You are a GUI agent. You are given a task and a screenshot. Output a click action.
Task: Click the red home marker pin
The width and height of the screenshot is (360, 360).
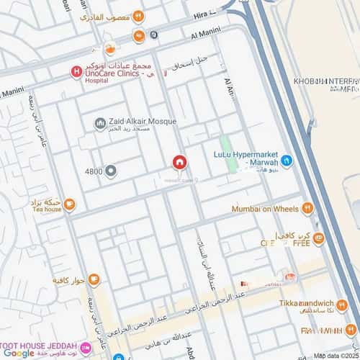[x=179, y=163]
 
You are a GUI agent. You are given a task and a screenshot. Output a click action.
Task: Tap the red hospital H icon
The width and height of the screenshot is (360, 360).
[x=75, y=71]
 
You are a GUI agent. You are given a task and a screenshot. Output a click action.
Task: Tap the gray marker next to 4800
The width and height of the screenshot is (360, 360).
[x=111, y=171]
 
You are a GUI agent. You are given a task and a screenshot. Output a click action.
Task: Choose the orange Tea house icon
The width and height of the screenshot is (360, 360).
[x=69, y=205]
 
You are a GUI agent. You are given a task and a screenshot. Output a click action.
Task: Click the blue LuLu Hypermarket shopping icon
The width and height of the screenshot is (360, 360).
[x=287, y=161]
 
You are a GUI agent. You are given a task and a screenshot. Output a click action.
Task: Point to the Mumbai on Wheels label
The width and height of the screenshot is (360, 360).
[x=265, y=209]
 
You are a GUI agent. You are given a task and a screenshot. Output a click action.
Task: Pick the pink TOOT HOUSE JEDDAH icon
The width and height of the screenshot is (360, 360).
[x=86, y=348]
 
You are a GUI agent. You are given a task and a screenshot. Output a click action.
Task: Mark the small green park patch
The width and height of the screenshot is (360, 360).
[x=229, y=153]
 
